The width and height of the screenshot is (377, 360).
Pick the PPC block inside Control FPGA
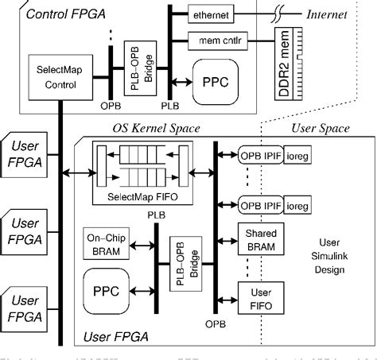tap(212, 82)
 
